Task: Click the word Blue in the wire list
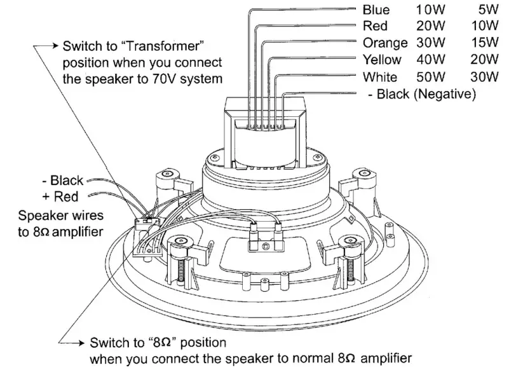tap(376, 10)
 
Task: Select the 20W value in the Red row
tap(430, 27)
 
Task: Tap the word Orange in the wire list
tap(385, 43)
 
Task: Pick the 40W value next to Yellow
tap(430, 60)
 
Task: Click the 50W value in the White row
tap(430, 78)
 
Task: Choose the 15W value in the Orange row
tap(485, 43)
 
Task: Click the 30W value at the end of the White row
tap(485, 78)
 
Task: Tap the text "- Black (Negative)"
tap(423, 95)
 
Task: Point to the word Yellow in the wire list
tap(382, 60)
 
